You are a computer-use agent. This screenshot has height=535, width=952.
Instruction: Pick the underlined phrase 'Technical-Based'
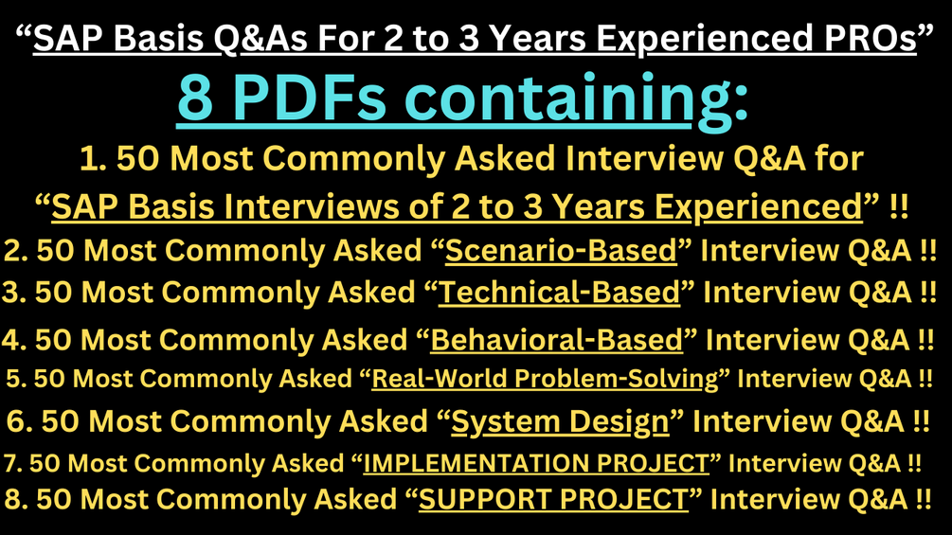click(x=560, y=293)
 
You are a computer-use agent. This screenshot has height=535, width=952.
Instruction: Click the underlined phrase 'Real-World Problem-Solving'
click(x=545, y=379)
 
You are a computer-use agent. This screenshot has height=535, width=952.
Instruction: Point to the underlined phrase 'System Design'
click(x=560, y=421)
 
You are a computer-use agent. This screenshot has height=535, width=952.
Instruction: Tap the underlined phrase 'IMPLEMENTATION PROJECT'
click(x=536, y=464)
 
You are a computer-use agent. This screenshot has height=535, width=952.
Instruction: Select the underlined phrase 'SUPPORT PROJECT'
click(x=554, y=498)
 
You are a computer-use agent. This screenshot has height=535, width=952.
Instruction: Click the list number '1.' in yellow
click(x=92, y=159)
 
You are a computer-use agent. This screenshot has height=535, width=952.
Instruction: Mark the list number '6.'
click(x=20, y=421)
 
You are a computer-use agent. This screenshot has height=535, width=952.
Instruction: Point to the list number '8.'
click(x=19, y=498)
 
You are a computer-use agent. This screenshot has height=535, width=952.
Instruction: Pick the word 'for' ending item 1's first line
click(x=839, y=159)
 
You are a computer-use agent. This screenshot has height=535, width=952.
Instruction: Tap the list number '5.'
click(x=16, y=379)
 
